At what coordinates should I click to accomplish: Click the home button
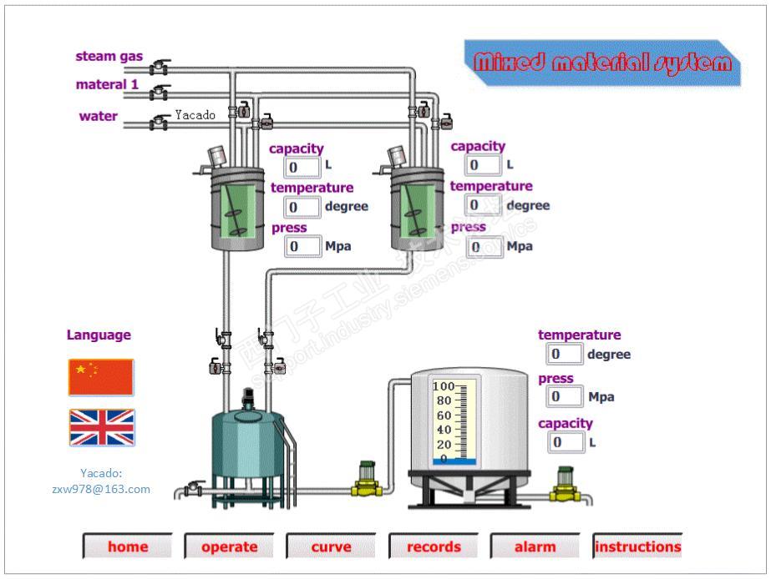pos(128,547)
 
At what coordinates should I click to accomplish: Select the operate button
pos(230,547)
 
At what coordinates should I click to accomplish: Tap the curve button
pos(332,547)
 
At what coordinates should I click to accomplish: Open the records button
pos(434,547)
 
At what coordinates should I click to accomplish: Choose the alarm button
pos(535,547)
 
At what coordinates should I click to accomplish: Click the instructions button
pos(637,547)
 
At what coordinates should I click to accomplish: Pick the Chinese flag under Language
pos(101,377)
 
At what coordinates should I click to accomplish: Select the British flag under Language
pos(101,427)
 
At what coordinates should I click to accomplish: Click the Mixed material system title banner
pos(602,63)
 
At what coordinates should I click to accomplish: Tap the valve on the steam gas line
pos(158,68)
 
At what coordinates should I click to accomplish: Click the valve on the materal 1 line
pos(158,92)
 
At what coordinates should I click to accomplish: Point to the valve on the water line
pos(158,123)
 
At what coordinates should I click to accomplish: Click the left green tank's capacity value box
pos(303,167)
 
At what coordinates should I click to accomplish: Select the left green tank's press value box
pos(303,246)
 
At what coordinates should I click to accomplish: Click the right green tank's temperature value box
pos(484,205)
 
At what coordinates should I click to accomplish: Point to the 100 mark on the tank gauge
pos(442,387)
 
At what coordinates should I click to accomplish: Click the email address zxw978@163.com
pos(101,489)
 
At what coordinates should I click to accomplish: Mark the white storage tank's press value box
pos(565,396)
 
